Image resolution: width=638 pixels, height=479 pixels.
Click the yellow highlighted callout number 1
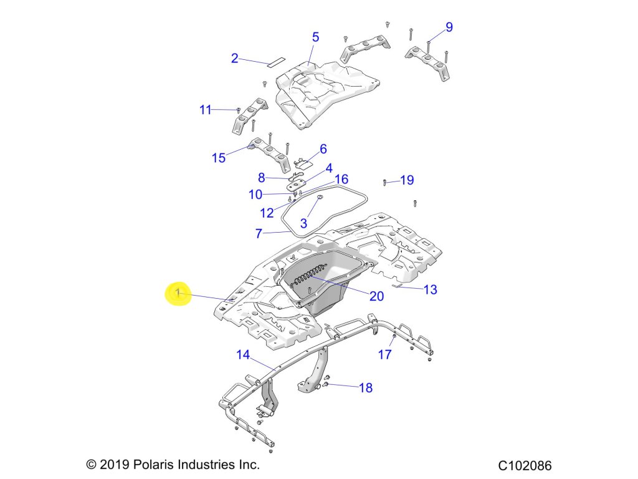178,293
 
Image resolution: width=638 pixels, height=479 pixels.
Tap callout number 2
234,59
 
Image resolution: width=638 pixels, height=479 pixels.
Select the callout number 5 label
315,37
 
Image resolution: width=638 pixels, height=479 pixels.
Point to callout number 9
449,27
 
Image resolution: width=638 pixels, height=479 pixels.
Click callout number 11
206,110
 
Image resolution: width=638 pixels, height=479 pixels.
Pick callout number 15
218,158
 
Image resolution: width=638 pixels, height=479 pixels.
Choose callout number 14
242,355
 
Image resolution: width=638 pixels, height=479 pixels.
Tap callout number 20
376,296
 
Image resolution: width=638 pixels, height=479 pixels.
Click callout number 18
366,388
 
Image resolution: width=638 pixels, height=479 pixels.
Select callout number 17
385,354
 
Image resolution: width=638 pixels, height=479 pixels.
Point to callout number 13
430,289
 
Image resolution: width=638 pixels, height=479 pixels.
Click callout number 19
407,180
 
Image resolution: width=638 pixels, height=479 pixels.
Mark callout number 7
259,234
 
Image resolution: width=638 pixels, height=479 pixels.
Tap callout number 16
341,180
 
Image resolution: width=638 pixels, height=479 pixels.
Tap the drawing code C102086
525,465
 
